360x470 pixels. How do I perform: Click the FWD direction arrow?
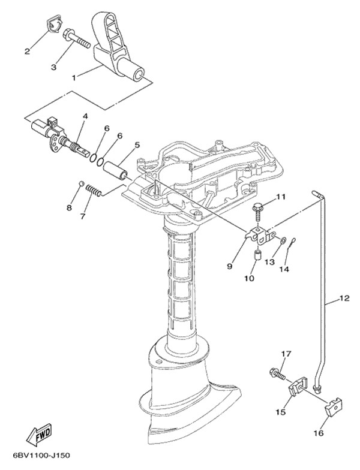[x=40, y=435]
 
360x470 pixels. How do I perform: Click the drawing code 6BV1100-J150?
[x=41, y=456]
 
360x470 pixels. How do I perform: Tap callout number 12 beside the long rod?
[x=344, y=299]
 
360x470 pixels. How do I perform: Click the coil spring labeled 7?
[x=94, y=191]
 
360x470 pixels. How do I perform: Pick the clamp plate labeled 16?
[x=334, y=406]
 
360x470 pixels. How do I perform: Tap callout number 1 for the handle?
[x=73, y=78]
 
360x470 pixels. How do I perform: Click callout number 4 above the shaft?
[x=85, y=116]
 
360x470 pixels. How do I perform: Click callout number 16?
[x=319, y=433]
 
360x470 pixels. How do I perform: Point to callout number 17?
[x=286, y=354]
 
